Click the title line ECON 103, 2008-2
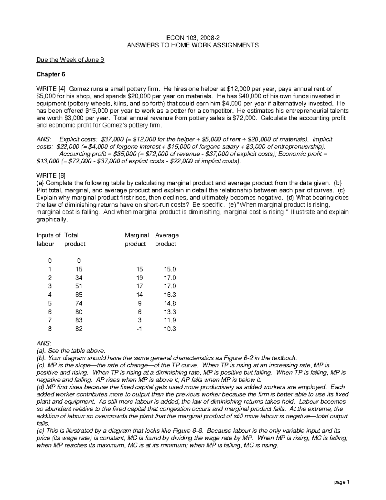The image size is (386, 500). pyautogui.click(x=193, y=37)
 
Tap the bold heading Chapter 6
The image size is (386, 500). pyautogui.click(x=51, y=74)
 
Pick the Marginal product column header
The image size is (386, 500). pyautogui.click(x=136, y=240)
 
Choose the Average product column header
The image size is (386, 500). pyautogui.click(x=167, y=240)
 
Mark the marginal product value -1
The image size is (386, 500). pyautogui.click(x=139, y=329)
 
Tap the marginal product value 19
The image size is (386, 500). pyautogui.click(x=139, y=278)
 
